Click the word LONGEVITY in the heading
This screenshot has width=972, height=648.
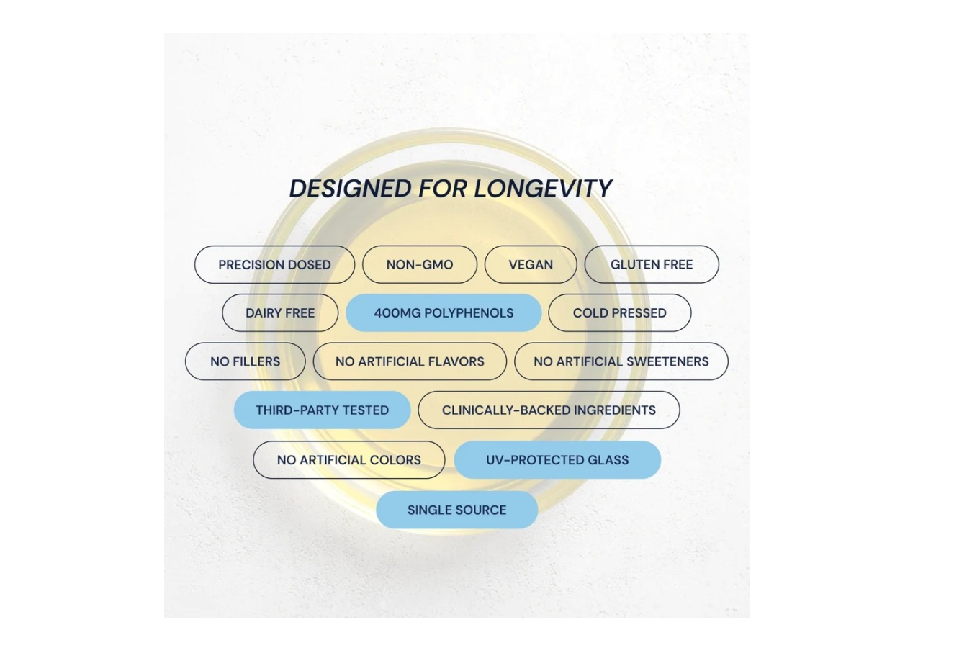543,189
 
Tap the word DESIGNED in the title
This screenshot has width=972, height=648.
350,189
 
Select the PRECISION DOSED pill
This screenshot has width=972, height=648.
274,265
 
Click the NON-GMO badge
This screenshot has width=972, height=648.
420,265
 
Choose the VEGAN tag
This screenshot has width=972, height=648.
531,265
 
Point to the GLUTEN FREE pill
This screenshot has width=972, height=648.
652,264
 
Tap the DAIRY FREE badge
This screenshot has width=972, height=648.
280,313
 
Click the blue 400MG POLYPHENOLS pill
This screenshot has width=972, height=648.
444,313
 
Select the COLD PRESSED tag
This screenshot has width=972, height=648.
620,313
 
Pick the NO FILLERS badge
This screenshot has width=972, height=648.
246,361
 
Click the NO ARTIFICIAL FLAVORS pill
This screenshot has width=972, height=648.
410,361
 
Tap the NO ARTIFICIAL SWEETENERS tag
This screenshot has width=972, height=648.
621,361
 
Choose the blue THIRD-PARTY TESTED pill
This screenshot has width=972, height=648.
322,410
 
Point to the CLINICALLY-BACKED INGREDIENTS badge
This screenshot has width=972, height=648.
549,410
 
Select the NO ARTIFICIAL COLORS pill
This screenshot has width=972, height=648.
349,460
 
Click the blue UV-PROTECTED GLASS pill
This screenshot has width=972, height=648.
557,460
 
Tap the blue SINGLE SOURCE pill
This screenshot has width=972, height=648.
457,510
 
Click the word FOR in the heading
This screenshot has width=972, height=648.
443,189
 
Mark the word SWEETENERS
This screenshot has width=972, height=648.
666,361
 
